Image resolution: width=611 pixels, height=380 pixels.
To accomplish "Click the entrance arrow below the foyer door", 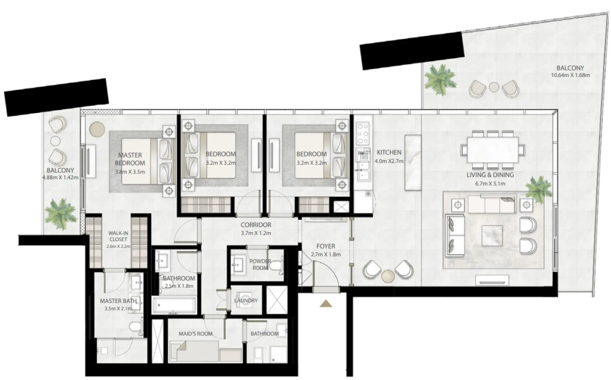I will [x=325, y=304].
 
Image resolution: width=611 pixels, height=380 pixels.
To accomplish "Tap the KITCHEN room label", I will [x=389, y=152].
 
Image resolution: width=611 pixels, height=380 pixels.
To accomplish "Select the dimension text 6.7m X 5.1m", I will [x=490, y=184].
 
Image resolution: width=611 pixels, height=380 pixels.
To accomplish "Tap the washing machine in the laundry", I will [x=246, y=300].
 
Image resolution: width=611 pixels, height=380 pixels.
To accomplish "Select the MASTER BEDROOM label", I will [x=130, y=159].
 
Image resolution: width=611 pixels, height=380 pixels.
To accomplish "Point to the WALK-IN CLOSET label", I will [x=118, y=236].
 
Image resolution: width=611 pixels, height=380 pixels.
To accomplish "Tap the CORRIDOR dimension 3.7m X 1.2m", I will [x=256, y=233].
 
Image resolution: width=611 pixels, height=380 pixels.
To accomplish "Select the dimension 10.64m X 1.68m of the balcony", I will [x=570, y=75].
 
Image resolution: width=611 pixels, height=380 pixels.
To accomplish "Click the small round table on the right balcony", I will [x=494, y=87].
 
